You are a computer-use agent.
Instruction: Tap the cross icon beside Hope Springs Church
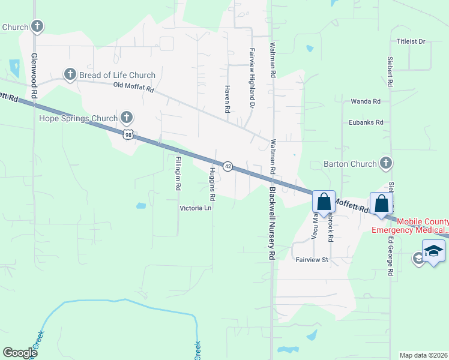(x=127, y=116)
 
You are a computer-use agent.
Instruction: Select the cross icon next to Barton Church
(x=386, y=163)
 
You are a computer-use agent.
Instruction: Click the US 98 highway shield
(x=128, y=135)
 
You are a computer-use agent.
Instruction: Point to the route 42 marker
(x=228, y=166)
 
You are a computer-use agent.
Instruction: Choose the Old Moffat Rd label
(x=134, y=87)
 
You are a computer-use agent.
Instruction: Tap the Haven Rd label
(x=228, y=98)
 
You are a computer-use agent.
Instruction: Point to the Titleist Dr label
(x=411, y=41)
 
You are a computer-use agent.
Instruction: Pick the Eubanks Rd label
(x=366, y=122)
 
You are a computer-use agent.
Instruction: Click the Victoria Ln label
(x=196, y=208)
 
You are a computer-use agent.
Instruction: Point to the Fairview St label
(x=313, y=260)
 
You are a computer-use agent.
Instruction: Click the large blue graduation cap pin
(x=433, y=252)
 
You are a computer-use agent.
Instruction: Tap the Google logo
(x=20, y=353)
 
